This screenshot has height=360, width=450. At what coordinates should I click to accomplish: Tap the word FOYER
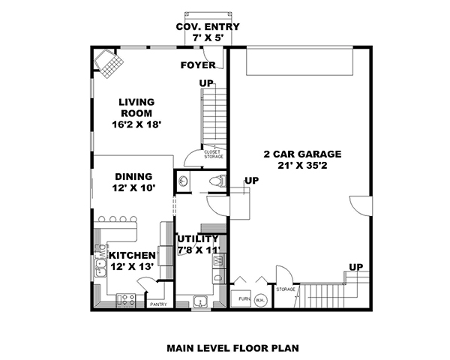point(198,65)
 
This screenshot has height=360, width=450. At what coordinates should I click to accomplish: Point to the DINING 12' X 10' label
point(134,182)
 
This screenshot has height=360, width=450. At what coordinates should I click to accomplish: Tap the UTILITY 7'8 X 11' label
point(198,244)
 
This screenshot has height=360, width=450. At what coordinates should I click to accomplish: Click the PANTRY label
point(158,304)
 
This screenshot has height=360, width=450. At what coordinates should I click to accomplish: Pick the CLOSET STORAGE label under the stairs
point(213,154)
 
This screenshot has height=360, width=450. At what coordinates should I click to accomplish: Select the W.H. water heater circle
point(259,300)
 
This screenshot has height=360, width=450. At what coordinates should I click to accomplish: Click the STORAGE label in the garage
point(286,289)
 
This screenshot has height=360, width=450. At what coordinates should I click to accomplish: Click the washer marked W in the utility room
point(218,261)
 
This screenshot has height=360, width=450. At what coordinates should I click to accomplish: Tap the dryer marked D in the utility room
point(218,277)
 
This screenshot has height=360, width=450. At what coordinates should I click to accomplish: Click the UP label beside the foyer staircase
point(206,82)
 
